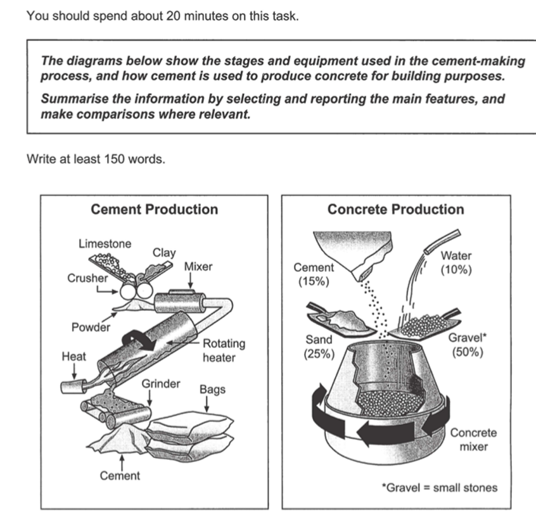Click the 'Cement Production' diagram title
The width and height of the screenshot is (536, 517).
pos(154,210)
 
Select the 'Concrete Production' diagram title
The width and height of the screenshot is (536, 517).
pos(395,210)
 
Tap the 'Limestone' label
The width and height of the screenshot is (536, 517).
pos(105,243)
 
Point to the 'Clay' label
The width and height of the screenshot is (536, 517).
pos(164,252)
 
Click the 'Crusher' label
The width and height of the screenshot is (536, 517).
pos(87,278)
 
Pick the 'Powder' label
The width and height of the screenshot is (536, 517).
pos(90,327)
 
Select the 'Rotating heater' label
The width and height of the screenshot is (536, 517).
pos(223,350)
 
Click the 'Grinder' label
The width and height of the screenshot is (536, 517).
pos(161,384)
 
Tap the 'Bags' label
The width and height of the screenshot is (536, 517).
pos(212,389)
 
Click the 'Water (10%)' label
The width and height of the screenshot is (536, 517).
pos(455,262)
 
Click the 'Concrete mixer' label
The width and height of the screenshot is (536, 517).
pos(473,440)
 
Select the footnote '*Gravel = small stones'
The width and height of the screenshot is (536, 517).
pos(439,487)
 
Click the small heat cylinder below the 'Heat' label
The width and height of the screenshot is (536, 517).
pos(71,385)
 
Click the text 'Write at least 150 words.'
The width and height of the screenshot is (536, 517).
pos(96,158)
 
